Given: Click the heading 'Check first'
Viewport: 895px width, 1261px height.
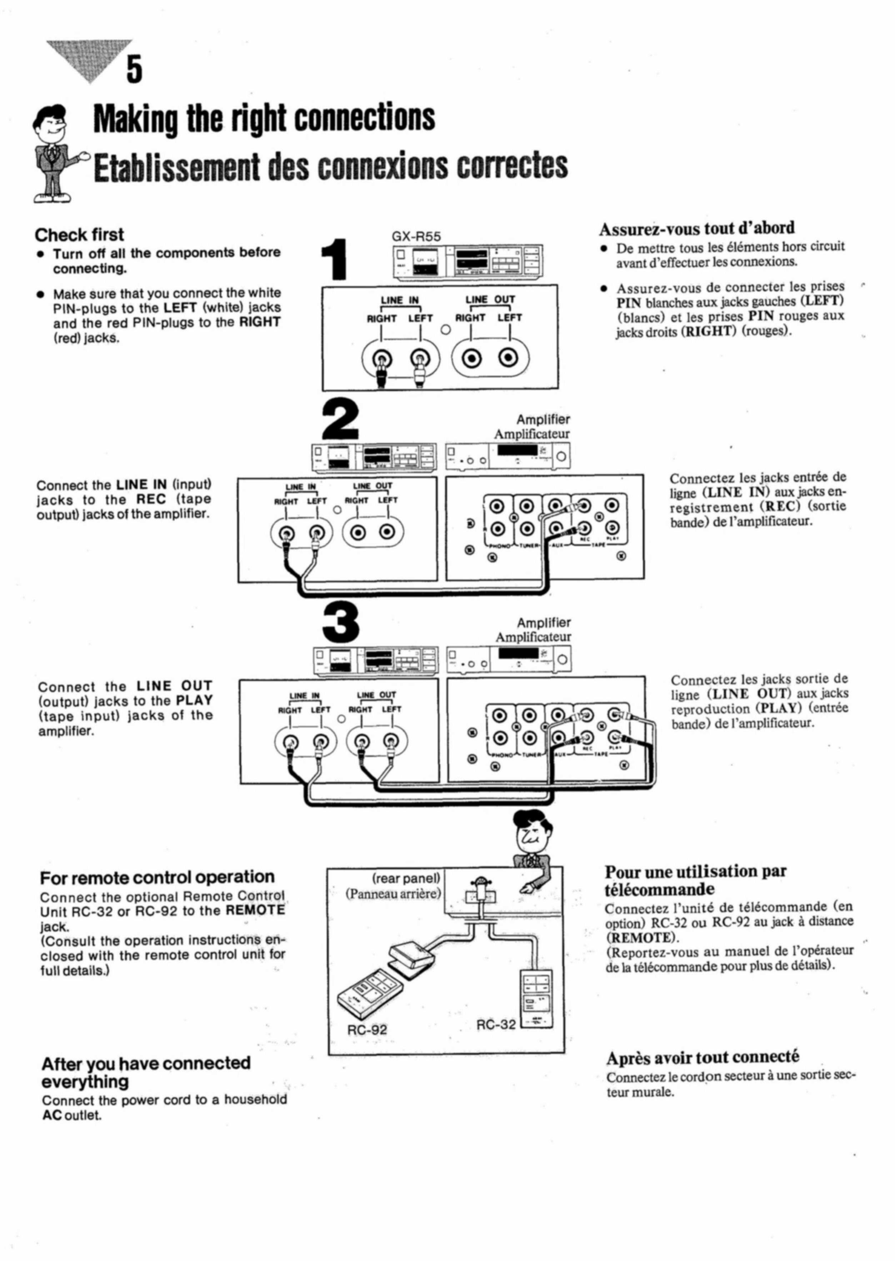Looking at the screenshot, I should (x=79, y=235).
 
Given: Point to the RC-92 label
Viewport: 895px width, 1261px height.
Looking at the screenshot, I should (x=367, y=1029).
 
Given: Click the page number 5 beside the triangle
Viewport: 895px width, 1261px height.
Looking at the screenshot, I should (x=135, y=69).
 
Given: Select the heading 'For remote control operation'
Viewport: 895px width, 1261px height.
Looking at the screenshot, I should (x=157, y=877).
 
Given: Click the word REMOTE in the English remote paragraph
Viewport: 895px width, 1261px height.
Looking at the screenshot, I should (x=255, y=910).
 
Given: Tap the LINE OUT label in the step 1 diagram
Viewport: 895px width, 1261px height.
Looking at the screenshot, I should (x=490, y=299).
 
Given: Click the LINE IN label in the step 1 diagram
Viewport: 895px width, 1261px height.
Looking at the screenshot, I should (x=400, y=300).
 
